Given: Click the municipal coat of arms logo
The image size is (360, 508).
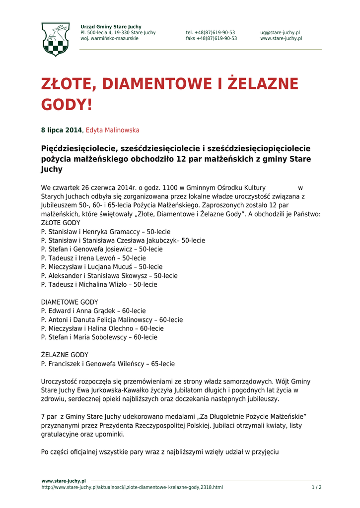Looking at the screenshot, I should click(x=55, y=39).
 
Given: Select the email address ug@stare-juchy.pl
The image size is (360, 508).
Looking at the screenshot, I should click(x=280, y=33).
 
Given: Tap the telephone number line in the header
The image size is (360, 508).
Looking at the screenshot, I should click(x=211, y=33).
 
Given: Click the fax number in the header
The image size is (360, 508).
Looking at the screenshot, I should click(x=212, y=39).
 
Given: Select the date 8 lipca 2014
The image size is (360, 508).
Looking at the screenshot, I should click(x=61, y=130).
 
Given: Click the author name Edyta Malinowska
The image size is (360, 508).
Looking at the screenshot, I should click(x=112, y=130).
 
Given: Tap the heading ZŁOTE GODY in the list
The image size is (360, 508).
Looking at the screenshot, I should click(x=61, y=223).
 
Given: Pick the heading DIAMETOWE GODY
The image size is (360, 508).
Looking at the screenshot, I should click(x=70, y=302).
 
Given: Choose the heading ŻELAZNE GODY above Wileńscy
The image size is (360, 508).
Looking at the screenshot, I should click(x=65, y=355).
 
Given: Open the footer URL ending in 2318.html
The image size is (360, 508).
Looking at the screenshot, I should click(x=132, y=488).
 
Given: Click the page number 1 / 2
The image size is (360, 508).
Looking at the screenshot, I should click(x=316, y=488).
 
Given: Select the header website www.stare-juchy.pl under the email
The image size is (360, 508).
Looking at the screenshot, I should click(x=281, y=39).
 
